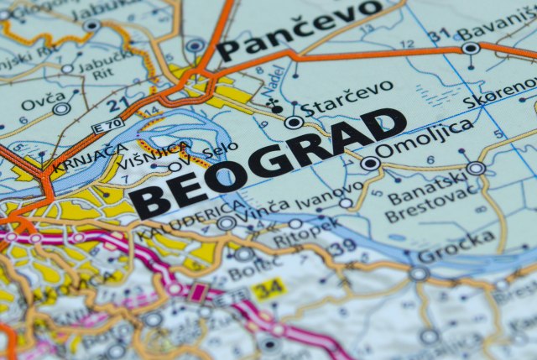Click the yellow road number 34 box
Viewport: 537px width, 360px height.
coord(267,289)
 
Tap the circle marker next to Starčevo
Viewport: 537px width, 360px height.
coord(294,123)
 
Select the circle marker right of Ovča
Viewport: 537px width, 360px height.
coord(60,109)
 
